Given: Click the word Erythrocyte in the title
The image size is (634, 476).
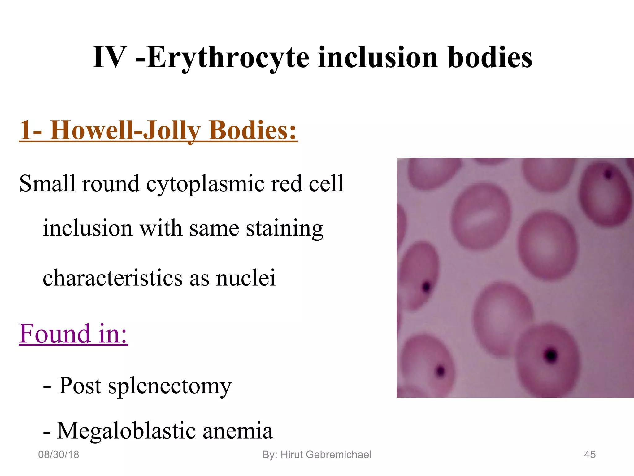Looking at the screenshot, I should coord(228,58).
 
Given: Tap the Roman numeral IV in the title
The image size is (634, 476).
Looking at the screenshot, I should coord(110,58).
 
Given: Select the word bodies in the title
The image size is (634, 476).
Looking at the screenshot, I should coord(490,58).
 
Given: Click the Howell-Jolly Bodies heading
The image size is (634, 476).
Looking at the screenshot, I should coord(158,130).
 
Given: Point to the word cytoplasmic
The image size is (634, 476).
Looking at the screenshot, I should coord(205,183).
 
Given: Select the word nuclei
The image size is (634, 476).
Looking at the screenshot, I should coord(245,278).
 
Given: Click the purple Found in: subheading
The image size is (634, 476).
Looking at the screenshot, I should coord(73,334).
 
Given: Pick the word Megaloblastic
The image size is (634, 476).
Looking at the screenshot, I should coord(126,431).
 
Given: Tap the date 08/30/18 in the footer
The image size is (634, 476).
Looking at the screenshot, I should coord(59,455).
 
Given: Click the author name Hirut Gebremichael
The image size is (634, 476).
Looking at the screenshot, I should coord(326,455).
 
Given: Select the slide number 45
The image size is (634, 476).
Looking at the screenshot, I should coord(589,455).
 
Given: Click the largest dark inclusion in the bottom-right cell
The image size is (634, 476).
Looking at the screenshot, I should coord(551,355).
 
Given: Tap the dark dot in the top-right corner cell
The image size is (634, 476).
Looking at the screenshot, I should coord(608,174).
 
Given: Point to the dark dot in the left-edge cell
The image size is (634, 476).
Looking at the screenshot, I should coord(426,287).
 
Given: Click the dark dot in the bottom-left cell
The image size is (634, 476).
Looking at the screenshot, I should coord(440,370).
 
